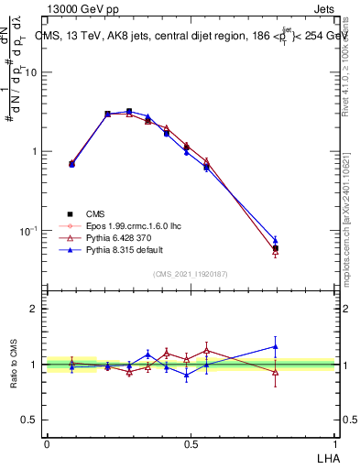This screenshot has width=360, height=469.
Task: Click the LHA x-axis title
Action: (328, 456)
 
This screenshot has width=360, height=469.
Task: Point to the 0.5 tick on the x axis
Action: (191, 443)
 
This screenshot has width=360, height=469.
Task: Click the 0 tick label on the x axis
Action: (47, 443)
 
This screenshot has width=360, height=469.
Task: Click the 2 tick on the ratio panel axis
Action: (36, 309)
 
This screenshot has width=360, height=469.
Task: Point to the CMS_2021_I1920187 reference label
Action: (190, 274)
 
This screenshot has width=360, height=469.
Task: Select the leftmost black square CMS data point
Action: (71, 164)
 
